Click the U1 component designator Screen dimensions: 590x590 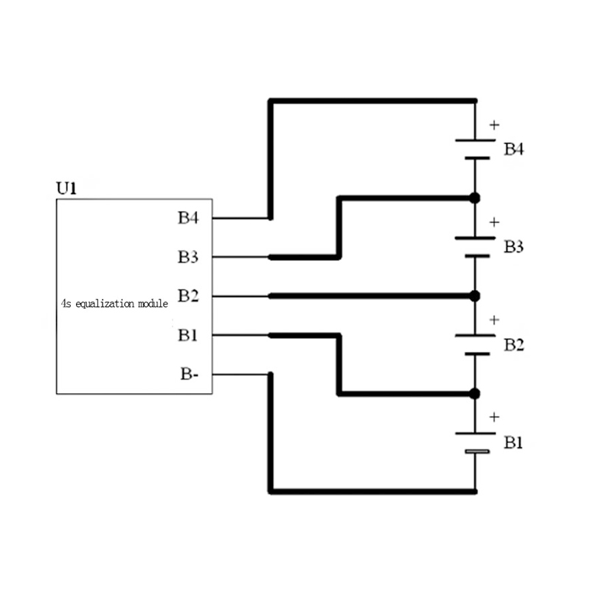66,189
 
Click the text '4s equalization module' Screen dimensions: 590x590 115,302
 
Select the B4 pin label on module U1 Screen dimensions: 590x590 188,218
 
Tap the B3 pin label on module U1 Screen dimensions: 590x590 188,257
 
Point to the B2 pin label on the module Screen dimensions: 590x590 188,296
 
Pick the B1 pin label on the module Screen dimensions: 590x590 188,336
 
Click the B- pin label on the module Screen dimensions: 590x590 189,374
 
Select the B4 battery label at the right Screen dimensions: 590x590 514,149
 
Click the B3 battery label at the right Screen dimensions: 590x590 514,246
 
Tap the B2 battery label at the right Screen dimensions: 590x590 514,344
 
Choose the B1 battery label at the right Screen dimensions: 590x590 514,442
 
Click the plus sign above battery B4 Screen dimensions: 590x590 494,125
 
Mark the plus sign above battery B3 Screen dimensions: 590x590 494,222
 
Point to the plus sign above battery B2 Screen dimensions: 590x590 494,320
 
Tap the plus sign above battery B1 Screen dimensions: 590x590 494,417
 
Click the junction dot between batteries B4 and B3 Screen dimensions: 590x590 474,198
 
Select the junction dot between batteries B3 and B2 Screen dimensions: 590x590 474,296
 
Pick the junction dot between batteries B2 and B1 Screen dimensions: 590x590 474,393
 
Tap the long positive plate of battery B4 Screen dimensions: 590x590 474,139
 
